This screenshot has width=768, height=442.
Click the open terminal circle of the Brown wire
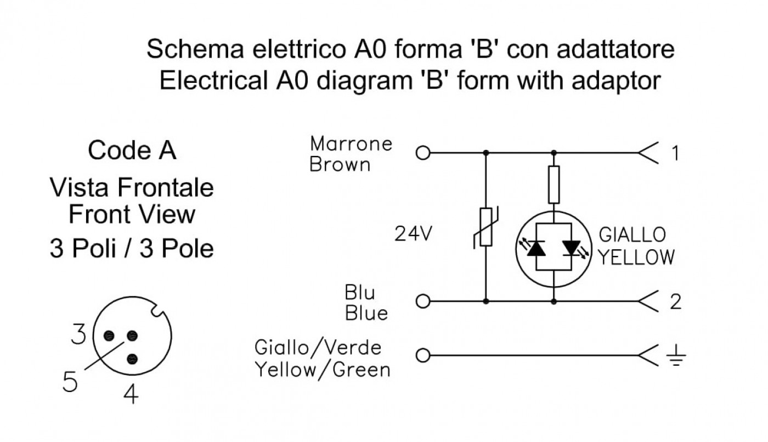tap(423, 153)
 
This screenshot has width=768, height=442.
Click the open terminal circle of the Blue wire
tap(423, 301)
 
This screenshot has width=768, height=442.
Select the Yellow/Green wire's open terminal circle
tap(423, 355)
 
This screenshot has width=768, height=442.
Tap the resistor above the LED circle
tap(554, 184)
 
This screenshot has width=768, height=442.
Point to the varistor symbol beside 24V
tap(486, 227)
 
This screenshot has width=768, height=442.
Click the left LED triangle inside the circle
tap(536, 248)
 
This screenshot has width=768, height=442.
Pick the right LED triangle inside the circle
tap(572, 248)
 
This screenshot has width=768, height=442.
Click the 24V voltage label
tap(413, 234)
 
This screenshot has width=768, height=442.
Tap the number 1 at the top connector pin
tap(675, 153)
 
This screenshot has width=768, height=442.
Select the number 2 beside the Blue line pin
tap(675, 302)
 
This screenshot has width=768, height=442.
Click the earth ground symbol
tap(676, 356)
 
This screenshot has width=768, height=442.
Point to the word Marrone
tap(351, 143)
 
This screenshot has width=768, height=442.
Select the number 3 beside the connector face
tap(78, 334)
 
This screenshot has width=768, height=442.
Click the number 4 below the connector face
tap(131, 394)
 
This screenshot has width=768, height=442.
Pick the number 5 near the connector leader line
tap(70, 381)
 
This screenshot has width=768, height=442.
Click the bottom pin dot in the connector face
tap(132, 359)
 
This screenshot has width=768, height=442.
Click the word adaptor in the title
tap(616, 82)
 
